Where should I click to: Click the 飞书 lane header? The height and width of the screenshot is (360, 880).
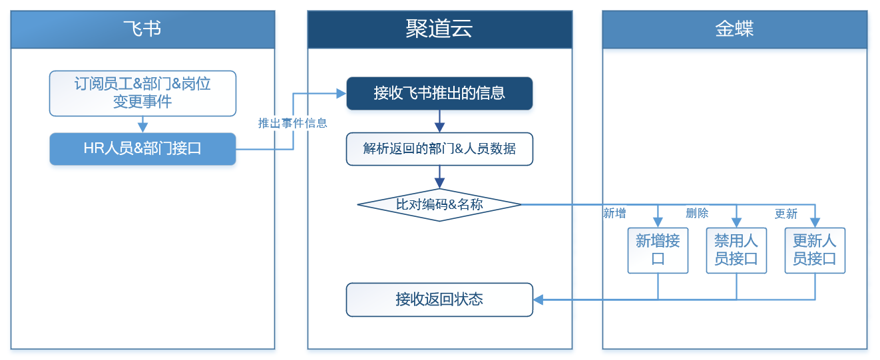[142, 29]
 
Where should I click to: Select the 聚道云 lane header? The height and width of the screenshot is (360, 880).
[439, 29]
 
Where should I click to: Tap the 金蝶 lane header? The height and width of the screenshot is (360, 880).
[734, 29]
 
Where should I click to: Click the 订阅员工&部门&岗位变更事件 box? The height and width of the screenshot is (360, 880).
[142, 93]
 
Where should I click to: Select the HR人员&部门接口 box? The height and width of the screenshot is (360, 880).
[142, 149]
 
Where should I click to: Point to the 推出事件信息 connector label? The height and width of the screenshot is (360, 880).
[292, 123]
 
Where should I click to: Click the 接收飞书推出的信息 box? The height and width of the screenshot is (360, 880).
[439, 93]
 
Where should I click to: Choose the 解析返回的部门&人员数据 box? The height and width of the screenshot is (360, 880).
[439, 149]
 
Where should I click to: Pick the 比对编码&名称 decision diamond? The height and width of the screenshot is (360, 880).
[439, 204]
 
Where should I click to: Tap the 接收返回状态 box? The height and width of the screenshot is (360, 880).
[439, 299]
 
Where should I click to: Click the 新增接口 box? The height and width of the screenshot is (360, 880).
[658, 250]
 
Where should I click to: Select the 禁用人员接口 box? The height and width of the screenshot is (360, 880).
[736, 250]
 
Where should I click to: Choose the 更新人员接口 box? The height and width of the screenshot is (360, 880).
[815, 250]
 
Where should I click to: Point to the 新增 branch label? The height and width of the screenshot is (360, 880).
[614, 214]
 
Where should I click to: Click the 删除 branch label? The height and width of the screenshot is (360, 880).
[697, 214]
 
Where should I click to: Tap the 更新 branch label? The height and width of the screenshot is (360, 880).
[785, 214]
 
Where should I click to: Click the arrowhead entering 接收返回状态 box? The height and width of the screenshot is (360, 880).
[539, 299]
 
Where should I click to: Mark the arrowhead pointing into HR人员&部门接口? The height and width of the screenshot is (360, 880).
[142, 128]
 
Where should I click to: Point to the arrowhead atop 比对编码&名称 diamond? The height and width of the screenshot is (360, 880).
[439, 184]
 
